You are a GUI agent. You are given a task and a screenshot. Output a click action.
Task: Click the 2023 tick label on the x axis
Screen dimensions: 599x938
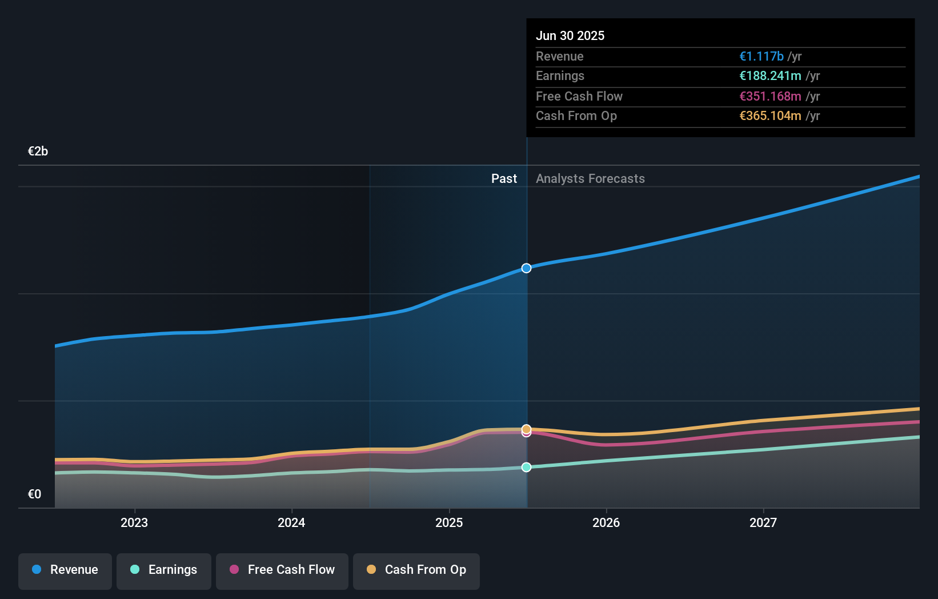click(134, 522)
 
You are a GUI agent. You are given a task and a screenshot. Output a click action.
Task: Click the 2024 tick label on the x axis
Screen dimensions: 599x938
click(291, 522)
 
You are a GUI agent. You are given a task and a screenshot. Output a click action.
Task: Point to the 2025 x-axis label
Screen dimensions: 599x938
click(449, 522)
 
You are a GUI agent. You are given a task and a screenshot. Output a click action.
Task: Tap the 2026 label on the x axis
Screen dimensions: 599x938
click(606, 522)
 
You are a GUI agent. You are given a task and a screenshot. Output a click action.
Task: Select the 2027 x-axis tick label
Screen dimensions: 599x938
click(763, 522)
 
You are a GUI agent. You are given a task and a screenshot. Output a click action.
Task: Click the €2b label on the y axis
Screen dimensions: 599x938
click(38, 151)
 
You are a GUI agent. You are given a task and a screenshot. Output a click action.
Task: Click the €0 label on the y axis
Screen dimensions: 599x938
click(34, 494)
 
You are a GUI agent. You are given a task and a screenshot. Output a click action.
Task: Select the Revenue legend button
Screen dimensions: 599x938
click(65, 570)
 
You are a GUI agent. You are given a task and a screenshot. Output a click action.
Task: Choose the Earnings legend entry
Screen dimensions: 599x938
click(164, 570)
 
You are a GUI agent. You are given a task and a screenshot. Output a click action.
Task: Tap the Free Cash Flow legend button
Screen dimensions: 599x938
click(282, 570)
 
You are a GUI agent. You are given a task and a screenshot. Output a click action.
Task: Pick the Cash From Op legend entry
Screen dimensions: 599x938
click(416, 570)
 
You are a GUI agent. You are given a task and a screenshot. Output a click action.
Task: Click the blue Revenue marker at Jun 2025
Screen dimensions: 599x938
click(526, 268)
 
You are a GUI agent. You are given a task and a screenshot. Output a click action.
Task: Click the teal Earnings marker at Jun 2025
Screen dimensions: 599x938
click(526, 467)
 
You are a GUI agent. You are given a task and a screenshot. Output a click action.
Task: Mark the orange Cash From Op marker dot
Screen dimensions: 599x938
click(526, 429)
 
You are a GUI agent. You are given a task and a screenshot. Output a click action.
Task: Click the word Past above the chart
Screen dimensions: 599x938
click(504, 179)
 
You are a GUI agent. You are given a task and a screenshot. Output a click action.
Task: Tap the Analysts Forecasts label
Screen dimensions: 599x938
click(590, 179)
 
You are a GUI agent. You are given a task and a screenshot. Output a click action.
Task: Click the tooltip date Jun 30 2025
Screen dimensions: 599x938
click(570, 36)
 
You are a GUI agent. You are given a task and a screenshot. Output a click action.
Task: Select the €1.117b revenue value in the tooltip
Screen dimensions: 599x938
click(761, 57)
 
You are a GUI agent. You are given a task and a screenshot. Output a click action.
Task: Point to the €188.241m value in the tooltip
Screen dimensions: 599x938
click(769, 76)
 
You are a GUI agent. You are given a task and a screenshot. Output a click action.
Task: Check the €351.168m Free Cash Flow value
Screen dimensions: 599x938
click(769, 97)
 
